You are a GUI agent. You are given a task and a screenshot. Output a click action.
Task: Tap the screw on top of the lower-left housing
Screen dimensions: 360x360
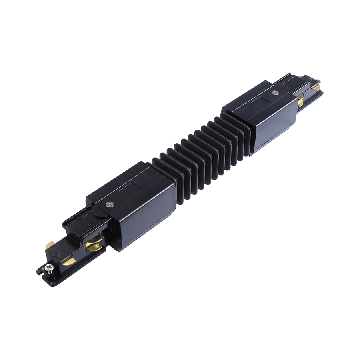coord(109,204)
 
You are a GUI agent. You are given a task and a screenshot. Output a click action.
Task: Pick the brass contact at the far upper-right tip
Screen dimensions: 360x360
coord(316,86)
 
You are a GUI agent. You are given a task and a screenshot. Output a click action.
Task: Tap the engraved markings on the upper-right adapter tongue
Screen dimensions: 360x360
coord(286,82)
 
